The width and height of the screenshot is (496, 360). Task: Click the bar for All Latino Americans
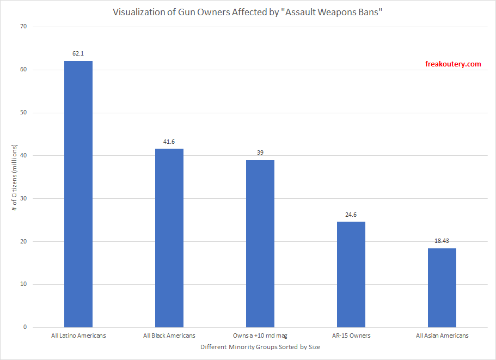coord(78,194)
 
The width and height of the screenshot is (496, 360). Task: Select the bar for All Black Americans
coord(169,238)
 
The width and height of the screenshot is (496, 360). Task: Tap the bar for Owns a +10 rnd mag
coord(260,243)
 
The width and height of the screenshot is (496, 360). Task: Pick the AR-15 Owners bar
coord(351,274)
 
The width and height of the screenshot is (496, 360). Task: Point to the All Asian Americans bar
coord(442,288)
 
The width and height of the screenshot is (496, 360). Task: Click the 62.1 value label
coord(78,54)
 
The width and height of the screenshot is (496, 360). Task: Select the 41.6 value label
coord(169,142)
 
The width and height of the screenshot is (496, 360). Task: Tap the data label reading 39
coord(260,152)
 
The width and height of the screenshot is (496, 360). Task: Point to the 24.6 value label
coord(351,215)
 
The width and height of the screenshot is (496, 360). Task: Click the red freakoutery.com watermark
coord(453,64)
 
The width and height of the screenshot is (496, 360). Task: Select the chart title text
coord(248,12)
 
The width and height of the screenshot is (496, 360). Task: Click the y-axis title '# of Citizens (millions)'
coord(16,177)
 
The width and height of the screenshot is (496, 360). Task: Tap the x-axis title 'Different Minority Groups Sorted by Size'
coord(260,347)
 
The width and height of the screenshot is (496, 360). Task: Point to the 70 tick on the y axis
coord(25,27)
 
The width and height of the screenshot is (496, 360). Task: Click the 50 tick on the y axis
coord(25,113)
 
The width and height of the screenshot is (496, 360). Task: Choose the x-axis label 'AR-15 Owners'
coord(351,336)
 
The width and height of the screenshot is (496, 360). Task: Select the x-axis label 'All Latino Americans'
coord(78,336)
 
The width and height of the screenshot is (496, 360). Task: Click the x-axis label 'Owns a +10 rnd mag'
coord(260,336)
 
